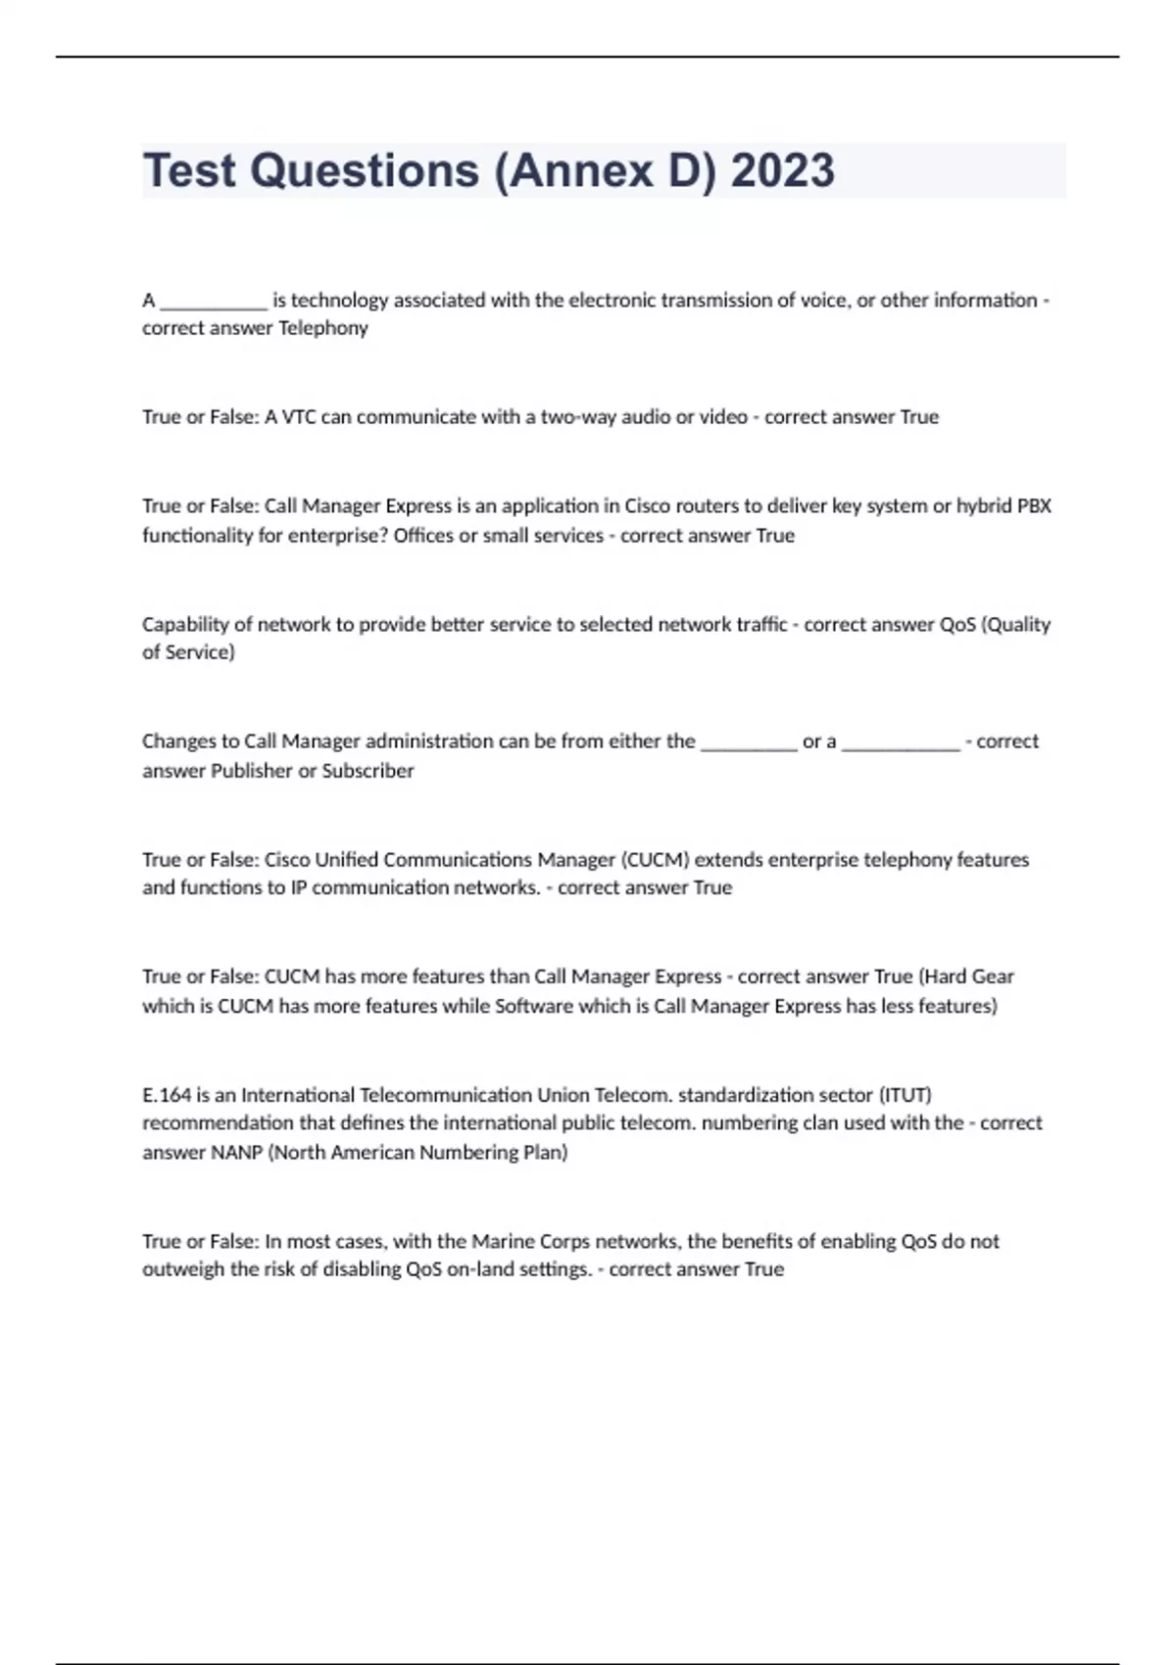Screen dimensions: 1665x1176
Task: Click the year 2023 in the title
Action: pyautogui.click(x=782, y=170)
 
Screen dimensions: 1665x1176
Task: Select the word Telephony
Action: pyautogui.click(x=322, y=328)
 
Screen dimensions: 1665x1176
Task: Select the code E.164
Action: pyautogui.click(x=167, y=1095)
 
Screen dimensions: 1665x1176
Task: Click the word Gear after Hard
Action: pyautogui.click(x=992, y=976)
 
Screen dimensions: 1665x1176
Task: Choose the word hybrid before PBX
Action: pyautogui.click(x=984, y=506)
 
